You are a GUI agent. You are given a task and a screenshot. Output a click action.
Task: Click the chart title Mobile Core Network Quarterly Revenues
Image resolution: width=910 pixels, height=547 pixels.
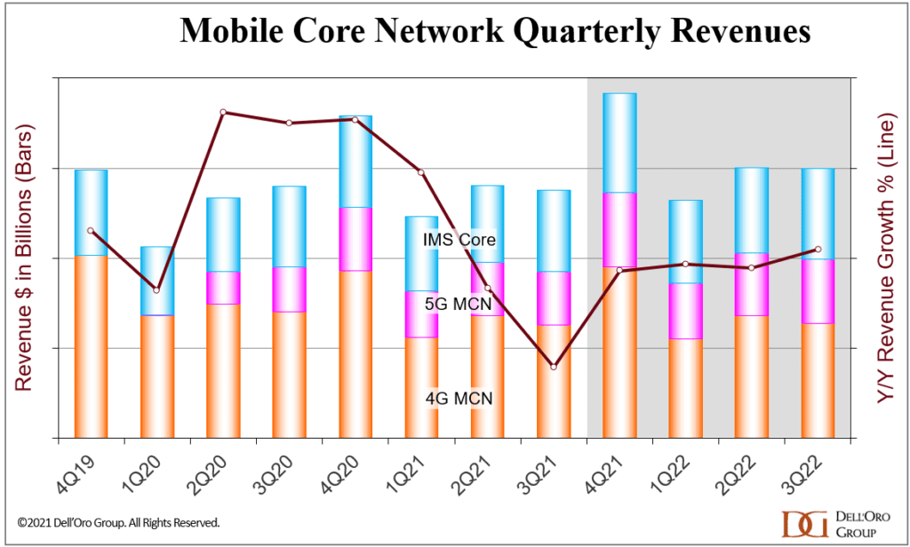(x=495, y=30)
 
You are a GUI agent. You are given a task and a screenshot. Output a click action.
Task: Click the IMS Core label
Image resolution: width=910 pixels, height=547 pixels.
(x=459, y=240)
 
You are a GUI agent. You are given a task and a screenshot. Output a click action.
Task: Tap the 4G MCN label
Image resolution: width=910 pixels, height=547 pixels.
(x=458, y=398)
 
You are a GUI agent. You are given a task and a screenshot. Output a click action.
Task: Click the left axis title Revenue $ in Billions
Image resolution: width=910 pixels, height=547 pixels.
(x=24, y=258)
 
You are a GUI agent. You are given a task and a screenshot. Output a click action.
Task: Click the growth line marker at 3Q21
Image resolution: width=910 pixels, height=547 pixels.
(x=554, y=367)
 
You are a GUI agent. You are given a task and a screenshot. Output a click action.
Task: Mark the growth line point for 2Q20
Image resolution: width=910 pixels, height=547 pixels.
(x=223, y=112)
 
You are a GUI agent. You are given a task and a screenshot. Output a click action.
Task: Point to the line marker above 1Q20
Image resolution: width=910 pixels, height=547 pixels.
(x=156, y=290)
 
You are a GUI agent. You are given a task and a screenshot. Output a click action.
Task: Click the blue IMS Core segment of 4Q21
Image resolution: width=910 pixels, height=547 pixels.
(x=619, y=142)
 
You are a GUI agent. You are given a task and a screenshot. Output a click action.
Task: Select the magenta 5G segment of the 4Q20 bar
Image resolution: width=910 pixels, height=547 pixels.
(x=355, y=239)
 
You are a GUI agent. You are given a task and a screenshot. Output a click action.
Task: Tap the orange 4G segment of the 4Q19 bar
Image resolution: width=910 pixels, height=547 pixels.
(x=91, y=346)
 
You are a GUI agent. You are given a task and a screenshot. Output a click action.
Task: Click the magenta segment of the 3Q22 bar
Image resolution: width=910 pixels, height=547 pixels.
(x=818, y=291)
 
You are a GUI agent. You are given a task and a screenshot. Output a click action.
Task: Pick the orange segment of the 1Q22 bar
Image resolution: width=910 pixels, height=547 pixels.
(x=686, y=388)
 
